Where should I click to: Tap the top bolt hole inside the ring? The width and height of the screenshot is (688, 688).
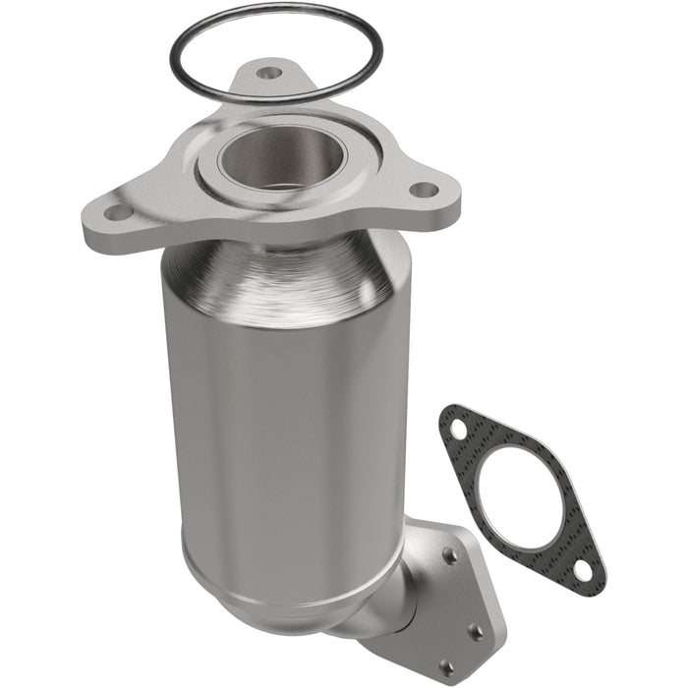[267, 72]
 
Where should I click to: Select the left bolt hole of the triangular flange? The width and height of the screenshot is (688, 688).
[116, 211]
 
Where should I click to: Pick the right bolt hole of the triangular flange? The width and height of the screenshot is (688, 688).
[423, 190]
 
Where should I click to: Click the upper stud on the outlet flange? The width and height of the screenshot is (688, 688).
[449, 556]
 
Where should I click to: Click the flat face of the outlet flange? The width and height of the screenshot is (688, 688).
[472, 590]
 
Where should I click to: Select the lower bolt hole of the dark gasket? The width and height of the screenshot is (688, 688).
[582, 569]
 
